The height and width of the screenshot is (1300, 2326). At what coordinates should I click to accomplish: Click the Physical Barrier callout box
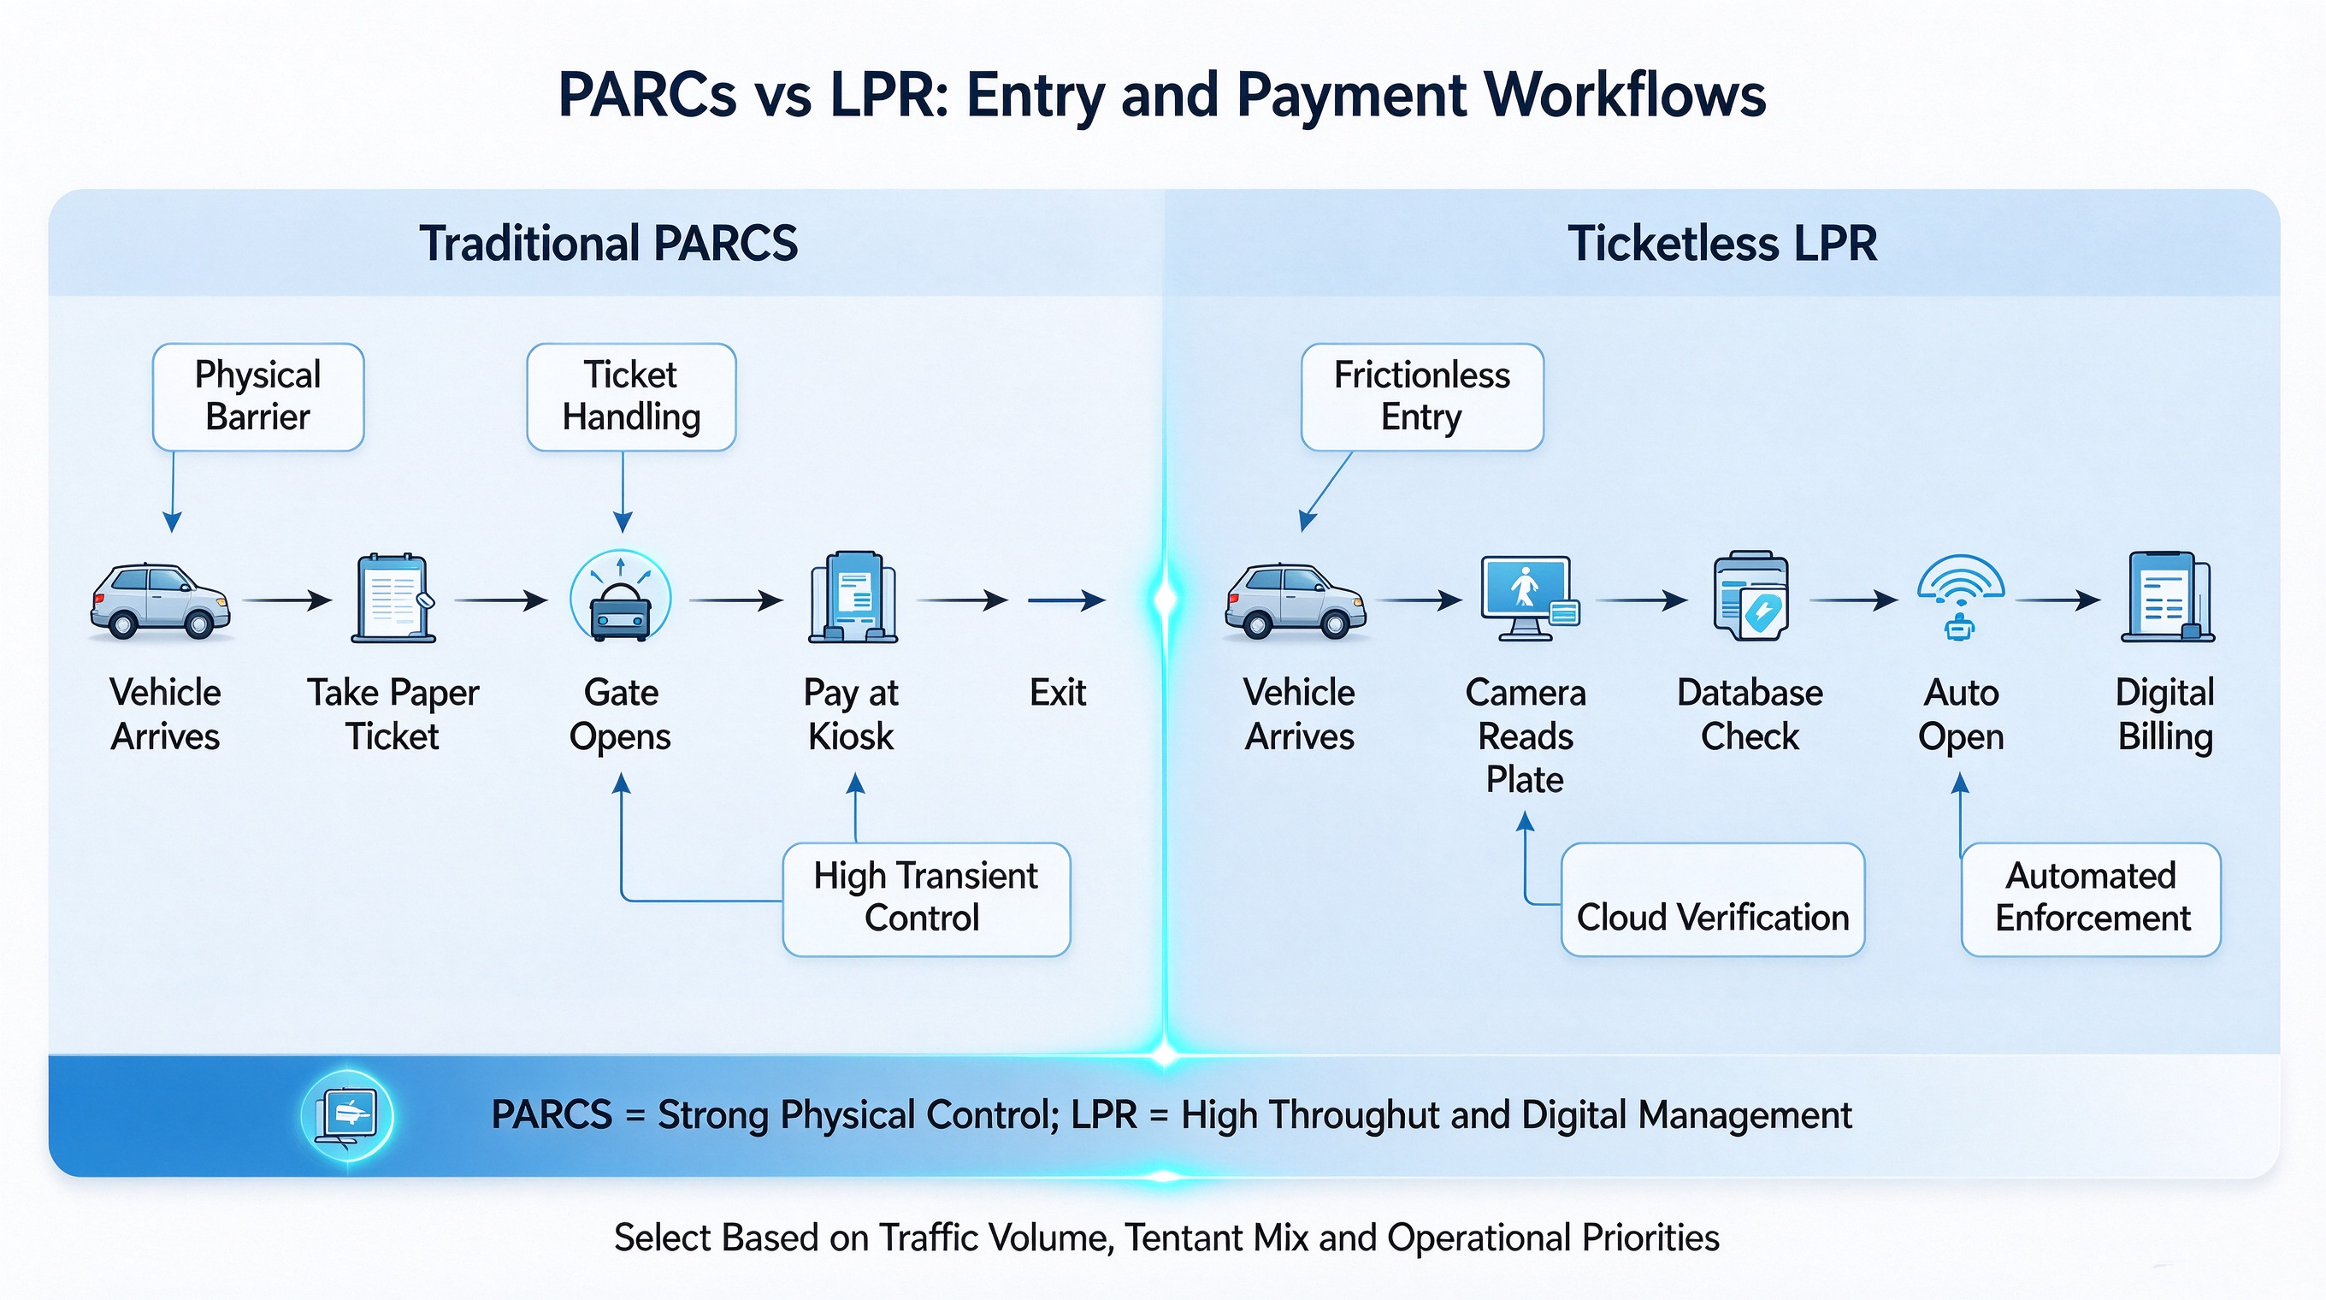click(x=258, y=396)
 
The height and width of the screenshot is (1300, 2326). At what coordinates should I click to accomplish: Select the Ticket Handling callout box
click(x=631, y=396)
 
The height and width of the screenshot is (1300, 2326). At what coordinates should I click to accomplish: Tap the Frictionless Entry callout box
click(x=1422, y=396)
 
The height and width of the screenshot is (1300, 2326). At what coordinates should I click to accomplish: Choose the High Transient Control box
click(x=926, y=899)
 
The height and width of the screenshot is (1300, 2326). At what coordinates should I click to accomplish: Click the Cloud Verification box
click(x=1713, y=899)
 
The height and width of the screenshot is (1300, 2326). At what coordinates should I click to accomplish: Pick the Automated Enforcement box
click(x=2091, y=899)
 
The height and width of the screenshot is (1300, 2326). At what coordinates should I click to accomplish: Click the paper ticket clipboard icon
click(x=393, y=598)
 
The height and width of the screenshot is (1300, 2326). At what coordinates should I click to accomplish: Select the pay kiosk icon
click(x=853, y=597)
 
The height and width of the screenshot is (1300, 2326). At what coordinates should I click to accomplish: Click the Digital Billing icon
click(x=2167, y=597)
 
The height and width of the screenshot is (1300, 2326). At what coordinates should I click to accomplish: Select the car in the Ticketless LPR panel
click(x=1295, y=601)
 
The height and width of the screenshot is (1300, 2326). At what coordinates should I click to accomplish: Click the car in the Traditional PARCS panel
click(x=161, y=601)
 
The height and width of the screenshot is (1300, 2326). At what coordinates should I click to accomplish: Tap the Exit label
click(x=1059, y=693)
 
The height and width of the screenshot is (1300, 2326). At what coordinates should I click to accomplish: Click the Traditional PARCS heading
click(x=609, y=244)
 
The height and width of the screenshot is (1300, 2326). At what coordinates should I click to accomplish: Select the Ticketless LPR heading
click(x=1723, y=244)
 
